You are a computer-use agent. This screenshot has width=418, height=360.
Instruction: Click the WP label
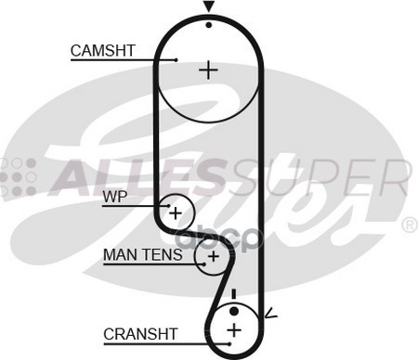114,196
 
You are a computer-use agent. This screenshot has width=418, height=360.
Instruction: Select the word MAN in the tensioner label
118,252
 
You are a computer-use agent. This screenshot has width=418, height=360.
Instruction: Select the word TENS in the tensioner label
153,252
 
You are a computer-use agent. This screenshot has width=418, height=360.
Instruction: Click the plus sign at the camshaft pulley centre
209,69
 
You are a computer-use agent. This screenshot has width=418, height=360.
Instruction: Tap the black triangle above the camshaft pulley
209,7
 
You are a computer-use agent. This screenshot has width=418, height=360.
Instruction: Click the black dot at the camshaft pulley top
209,23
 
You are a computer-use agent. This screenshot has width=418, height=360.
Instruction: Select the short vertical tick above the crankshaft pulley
234,293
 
